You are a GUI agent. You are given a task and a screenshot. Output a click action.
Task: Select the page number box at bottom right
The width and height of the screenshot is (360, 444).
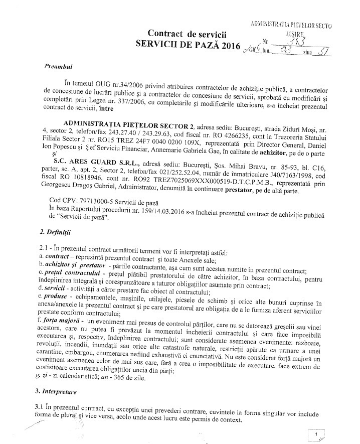pyautogui.click(x=317, y=434)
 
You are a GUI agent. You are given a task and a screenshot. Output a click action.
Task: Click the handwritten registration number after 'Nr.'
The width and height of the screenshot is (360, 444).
pyautogui.click(x=288, y=42)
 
